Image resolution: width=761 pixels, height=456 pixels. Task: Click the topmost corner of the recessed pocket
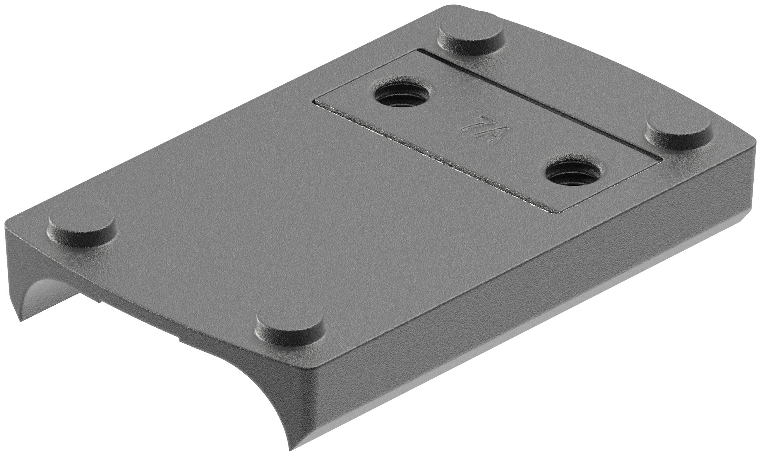pyautogui.click(x=418, y=50)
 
